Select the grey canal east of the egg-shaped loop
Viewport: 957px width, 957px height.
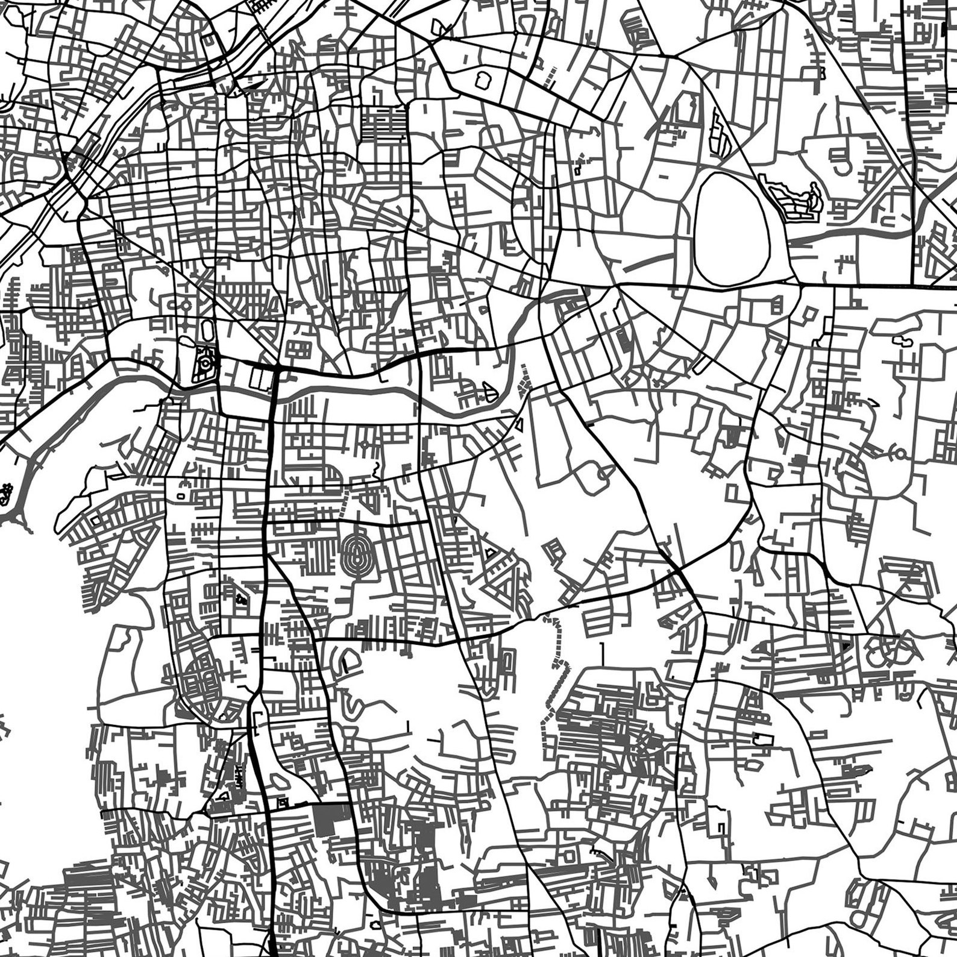[x=844, y=236]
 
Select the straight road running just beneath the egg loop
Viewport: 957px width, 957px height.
[x=693, y=284]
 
